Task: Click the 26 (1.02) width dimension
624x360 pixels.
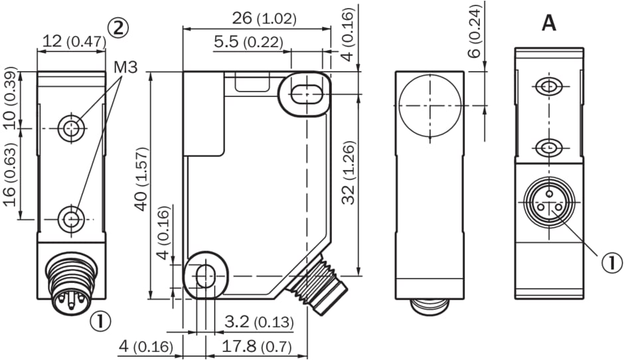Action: tap(264, 19)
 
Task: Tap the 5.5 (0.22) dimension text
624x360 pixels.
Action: tap(248, 42)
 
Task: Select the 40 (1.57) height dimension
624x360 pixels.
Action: tap(141, 179)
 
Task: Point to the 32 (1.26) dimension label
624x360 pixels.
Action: tap(349, 173)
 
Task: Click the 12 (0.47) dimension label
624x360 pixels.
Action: tap(74, 41)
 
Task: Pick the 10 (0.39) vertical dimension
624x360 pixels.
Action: tap(11, 98)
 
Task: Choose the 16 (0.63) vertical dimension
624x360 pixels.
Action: tap(11, 175)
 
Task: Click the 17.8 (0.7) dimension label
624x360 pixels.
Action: tap(256, 347)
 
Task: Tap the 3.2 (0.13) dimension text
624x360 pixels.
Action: tap(259, 321)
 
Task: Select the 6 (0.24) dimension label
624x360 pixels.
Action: tap(475, 31)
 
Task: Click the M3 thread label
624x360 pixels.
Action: tap(125, 67)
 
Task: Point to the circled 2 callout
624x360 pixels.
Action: tap(118, 28)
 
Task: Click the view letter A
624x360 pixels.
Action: tap(549, 23)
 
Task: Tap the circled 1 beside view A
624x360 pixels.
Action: tap(611, 263)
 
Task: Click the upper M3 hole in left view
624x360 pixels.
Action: tap(71, 128)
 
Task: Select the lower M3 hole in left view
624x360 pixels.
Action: tap(71, 219)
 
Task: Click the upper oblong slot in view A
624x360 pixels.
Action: tap(549, 86)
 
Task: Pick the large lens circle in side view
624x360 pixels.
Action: tap(429, 106)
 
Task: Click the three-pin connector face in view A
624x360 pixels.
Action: tap(550, 203)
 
